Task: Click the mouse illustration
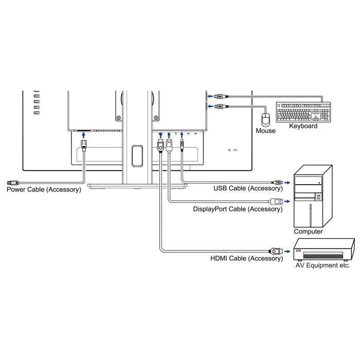tap(266, 120)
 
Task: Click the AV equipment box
tap(322, 250)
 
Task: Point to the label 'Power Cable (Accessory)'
tap(44, 190)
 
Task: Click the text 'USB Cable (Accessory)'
tap(248, 189)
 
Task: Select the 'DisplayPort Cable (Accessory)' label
tap(238, 209)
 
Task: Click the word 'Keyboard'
tap(303, 126)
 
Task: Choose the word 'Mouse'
tap(266, 131)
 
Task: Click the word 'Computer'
tap(309, 231)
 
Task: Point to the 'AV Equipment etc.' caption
tap(322, 266)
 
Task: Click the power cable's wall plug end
tap(12, 182)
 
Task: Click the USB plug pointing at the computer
tap(277, 182)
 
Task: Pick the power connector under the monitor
tap(84, 146)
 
